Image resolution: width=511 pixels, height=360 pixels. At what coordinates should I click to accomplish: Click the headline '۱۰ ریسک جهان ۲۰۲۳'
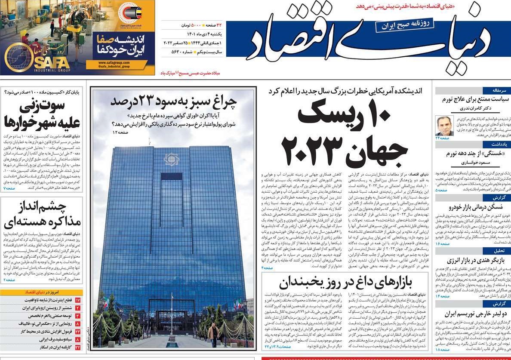click(344, 133)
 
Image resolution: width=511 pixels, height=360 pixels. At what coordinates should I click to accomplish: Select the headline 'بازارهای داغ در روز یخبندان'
click(345, 283)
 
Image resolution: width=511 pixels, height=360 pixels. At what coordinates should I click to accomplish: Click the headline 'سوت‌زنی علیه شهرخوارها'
click(42, 114)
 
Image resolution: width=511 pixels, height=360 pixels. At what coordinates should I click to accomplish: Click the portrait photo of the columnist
click(444, 126)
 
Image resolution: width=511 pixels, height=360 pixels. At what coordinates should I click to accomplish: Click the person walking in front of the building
click(213, 335)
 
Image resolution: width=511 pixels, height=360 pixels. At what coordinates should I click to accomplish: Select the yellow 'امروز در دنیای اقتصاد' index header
click(42, 292)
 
